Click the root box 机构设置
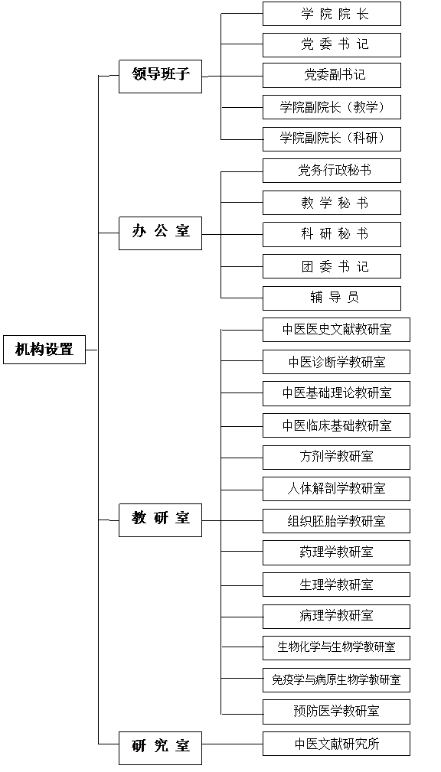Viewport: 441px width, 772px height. tap(44, 350)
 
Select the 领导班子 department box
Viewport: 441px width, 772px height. tap(160, 77)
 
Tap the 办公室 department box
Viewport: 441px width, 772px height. tap(160, 233)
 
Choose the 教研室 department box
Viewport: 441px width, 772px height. tap(160, 520)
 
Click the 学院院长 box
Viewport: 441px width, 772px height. tap(332, 14)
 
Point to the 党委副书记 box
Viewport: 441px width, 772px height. tap(332, 75)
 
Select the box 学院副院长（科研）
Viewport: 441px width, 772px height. tap(332, 138)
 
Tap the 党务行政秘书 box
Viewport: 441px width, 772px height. tap(332, 171)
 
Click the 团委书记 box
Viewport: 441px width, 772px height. tap(332, 266)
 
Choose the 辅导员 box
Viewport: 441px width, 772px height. tap(332, 298)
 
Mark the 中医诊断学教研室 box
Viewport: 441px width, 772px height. tap(336, 362)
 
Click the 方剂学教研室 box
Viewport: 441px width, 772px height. tap(336, 458)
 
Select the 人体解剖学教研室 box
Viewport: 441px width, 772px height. tap(336, 489)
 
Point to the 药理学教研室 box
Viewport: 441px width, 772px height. tap(336, 552)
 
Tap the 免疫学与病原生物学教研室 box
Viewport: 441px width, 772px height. tap(336, 680)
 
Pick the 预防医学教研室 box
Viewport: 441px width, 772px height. tap(336, 712)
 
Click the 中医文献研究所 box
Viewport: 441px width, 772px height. tap(336, 744)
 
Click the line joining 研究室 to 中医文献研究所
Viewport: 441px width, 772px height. tap(232, 744)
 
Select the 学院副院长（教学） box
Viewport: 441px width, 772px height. tap(332, 107)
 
